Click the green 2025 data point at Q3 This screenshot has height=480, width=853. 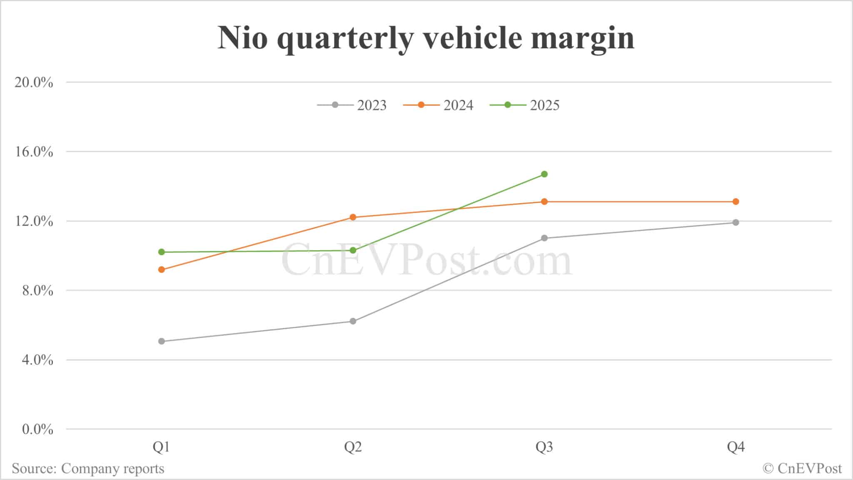point(544,174)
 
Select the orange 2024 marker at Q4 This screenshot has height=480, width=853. point(736,201)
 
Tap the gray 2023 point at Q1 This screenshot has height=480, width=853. point(162,341)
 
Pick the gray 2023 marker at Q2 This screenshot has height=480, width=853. point(353,321)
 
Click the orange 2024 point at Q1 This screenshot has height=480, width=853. point(162,270)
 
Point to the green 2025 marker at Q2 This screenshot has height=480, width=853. point(353,250)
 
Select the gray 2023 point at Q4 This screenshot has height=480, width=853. point(736,222)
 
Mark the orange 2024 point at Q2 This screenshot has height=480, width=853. point(353,217)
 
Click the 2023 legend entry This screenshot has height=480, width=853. point(352,105)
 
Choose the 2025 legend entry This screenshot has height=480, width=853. point(525,105)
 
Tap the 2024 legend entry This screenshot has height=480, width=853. point(439,105)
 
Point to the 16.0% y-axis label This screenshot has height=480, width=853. point(34,152)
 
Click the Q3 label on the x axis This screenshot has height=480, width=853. point(544,447)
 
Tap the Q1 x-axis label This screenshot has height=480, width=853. point(162,447)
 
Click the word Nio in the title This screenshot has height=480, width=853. point(242,38)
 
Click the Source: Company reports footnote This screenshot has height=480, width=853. point(88,469)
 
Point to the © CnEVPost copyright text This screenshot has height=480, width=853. point(802,469)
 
